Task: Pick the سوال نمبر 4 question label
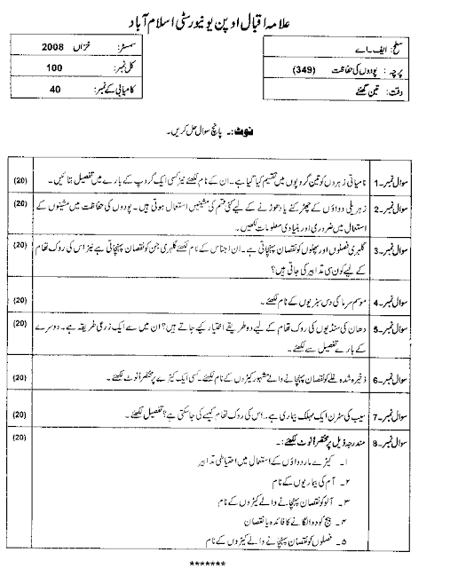pos(439,301)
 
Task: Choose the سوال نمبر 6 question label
pos(439,381)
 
